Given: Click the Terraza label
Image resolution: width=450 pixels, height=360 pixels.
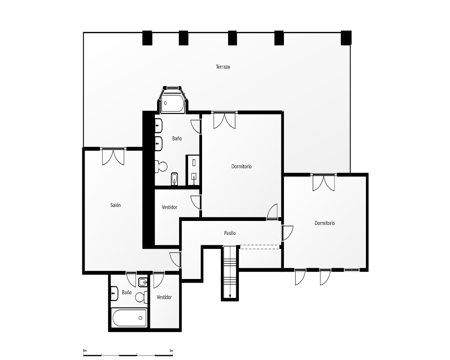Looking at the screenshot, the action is click(x=223, y=67).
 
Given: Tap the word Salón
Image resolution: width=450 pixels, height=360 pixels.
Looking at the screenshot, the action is click(x=115, y=205).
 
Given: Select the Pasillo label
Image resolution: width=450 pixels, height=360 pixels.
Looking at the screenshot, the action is click(x=230, y=233).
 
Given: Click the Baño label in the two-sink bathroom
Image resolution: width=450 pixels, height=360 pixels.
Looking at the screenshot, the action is click(x=177, y=138).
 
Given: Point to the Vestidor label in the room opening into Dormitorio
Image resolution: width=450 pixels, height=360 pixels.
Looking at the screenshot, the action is click(x=169, y=207).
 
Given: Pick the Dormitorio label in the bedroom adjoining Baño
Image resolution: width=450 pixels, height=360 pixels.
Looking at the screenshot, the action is click(x=241, y=166).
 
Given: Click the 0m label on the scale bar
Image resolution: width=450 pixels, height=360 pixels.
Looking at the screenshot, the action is click(x=85, y=351).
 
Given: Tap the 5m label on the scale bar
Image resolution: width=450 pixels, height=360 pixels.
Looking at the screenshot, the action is click(x=171, y=351).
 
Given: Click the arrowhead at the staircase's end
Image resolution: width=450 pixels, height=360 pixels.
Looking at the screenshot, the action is click(x=230, y=297).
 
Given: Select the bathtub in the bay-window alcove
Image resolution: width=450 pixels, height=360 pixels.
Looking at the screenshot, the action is click(x=172, y=103).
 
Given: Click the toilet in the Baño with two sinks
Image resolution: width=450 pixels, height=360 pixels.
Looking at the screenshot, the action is click(x=161, y=166).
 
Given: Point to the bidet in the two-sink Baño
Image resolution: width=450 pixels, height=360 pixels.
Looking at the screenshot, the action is click(x=175, y=179).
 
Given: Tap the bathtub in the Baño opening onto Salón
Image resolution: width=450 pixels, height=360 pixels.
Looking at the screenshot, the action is click(x=130, y=318).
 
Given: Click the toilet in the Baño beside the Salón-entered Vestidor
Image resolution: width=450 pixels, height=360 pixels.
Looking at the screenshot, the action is click(x=141, y=297).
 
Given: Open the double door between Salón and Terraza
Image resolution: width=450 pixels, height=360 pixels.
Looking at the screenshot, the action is click(x=113, y=157).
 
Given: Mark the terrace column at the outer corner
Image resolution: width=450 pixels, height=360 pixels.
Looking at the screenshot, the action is click(x=346, y=38).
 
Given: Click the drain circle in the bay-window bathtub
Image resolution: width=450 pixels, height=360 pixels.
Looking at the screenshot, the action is click(x=165, y=103).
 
